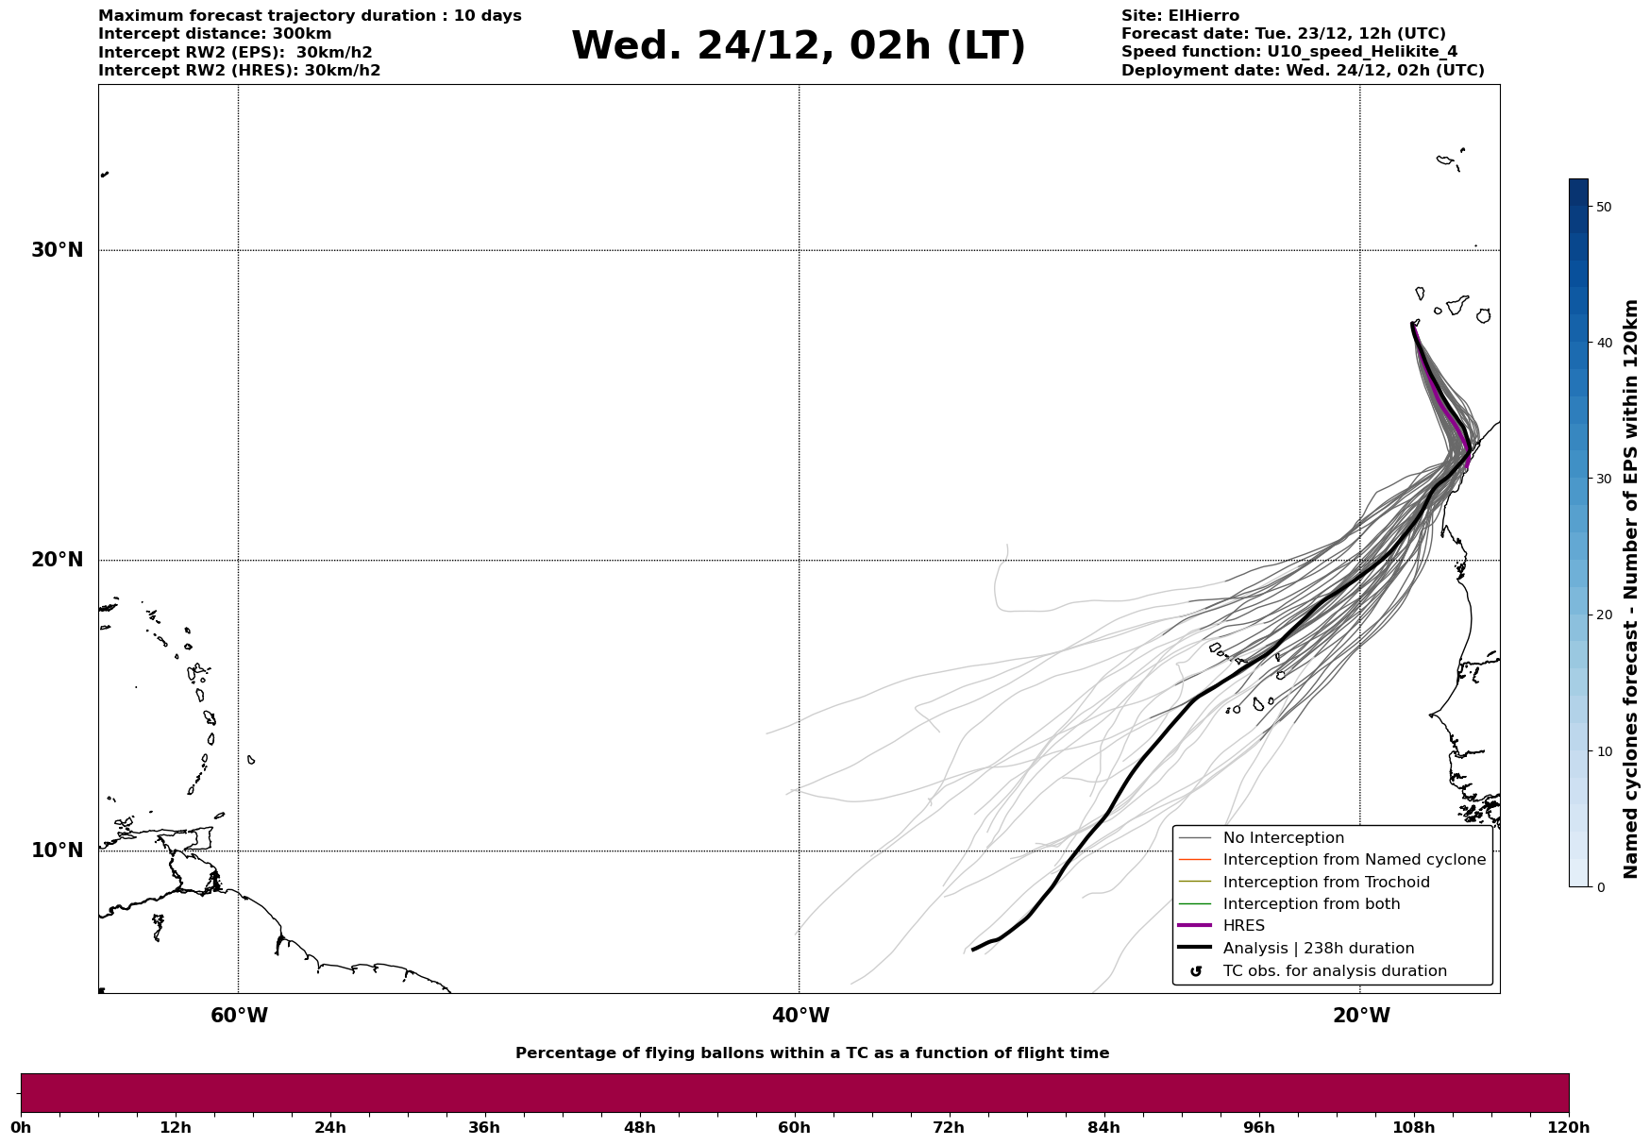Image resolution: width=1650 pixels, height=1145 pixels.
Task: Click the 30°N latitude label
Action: pyautogui.click(x=58, y=250)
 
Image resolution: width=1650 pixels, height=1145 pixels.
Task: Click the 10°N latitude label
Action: pyautogui.click(x=58, y=850)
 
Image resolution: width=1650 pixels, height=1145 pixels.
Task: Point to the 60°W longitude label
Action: pyautogui.click(x=239, y=1016)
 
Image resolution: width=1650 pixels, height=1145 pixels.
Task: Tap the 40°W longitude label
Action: pyautogui.click(x=800, y=1016)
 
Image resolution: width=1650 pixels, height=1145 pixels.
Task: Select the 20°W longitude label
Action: pyautogui.click(x=1361, y=1016)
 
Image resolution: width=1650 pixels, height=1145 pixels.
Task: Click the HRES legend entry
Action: pyautogui.click(x=1243, y=926)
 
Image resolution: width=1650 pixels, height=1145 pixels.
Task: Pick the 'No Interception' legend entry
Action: pyautogui.click(x=1283, y=838)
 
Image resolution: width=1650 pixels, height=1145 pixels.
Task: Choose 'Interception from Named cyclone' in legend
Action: pyautogui.click(x=1354, y=860)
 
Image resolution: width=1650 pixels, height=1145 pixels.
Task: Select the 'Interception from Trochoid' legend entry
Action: pyautogui.click(x=1325, y=883)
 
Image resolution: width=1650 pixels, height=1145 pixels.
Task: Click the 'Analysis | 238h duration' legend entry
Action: pyautogui.click(x=1318, y=949)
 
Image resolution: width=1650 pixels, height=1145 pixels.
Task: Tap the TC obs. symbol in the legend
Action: pyautogui.click(x=1196, y=971)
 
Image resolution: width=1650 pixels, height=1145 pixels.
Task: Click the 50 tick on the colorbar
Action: pyautogui.click(x=1603, y=207)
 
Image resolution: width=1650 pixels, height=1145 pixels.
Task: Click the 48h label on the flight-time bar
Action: pyautogui.click(x=639, y=1127)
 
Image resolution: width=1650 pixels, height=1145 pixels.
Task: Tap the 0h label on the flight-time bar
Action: pyautogui.click(x=21, y=1127)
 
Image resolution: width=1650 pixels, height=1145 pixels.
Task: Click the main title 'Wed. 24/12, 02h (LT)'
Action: pyautogui.click(x=798, y=46)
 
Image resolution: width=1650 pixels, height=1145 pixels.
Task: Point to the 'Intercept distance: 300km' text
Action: pyautogui.click(x=214, y=34)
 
